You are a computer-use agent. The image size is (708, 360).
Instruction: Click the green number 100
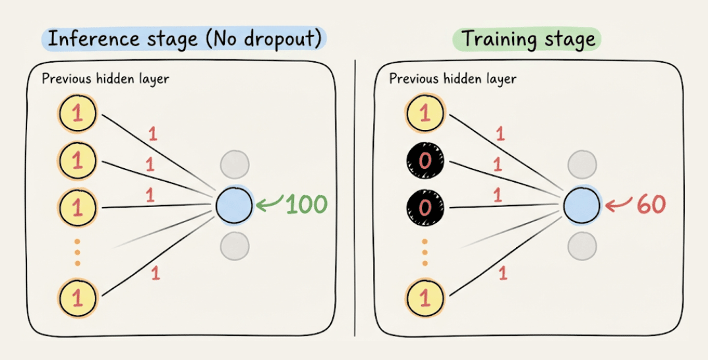[307, 204]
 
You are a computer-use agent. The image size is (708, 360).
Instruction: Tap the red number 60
[651, 204]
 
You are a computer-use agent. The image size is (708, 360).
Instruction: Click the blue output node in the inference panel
[234, 204]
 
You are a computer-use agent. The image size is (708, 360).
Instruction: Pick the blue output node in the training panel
[581, 204]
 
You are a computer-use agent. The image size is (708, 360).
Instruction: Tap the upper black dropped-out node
[425, 160]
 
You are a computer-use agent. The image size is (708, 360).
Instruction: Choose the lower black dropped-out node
[425, 207]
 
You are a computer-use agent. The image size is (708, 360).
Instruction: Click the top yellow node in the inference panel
[77, 115]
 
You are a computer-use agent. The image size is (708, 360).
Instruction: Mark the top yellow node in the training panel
[425, 114]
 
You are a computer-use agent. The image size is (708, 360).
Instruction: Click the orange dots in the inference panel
[77, 252]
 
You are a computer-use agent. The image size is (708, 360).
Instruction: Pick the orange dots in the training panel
[425, 252]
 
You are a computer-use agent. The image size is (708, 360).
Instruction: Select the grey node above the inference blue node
[235, 164]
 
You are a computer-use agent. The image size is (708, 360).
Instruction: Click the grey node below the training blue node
[582, 245]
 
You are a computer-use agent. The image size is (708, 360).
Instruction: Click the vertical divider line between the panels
[355, 198]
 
